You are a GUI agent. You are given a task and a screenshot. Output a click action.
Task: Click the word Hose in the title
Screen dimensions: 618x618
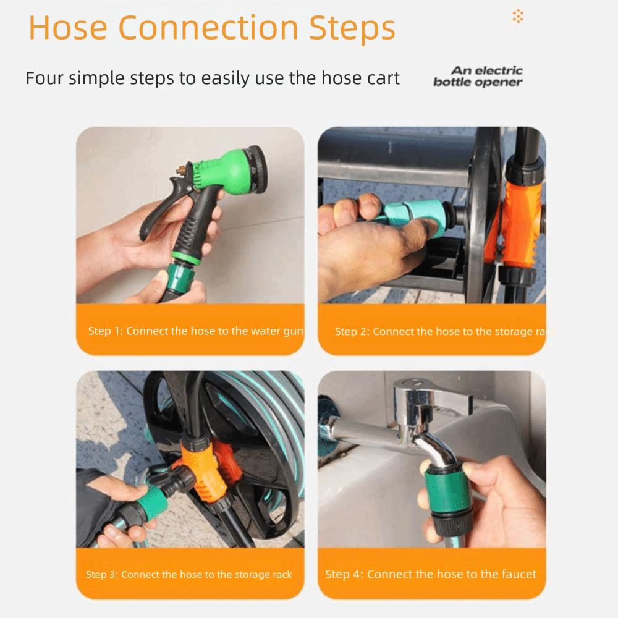(x=68, y=28)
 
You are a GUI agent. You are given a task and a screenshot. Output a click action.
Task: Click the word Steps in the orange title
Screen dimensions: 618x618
(x=352, y=29)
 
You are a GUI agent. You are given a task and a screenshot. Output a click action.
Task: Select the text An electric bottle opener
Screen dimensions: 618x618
(x=478, y=76)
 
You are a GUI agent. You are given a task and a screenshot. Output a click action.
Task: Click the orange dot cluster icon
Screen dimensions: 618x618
(x=518, y=16)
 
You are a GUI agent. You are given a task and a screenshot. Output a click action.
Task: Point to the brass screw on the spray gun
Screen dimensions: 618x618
(x=181, y=171)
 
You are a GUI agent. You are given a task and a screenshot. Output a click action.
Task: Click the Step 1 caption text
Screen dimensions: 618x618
(x=195, y=331)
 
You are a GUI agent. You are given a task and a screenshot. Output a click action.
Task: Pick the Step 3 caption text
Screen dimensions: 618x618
(x=188, y=574)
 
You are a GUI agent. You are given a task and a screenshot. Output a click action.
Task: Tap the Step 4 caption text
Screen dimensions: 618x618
(x=431, y=574)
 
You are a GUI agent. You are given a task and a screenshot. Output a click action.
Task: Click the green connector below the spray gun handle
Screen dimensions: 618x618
(x=180, y=276)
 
